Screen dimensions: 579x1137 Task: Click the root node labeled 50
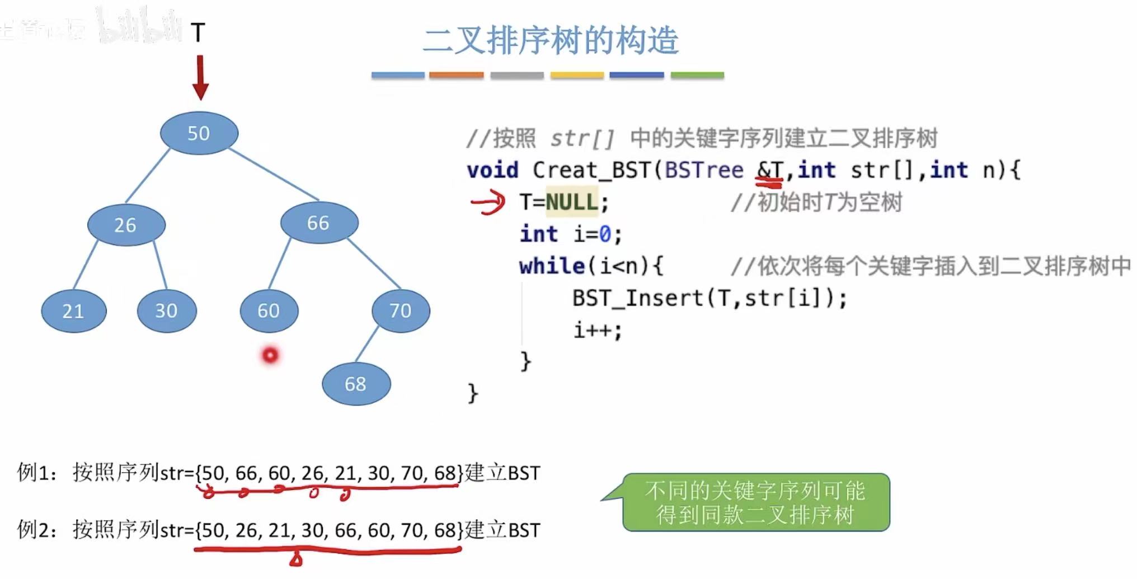coord(199,133)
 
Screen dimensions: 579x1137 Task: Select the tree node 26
coord(126,225)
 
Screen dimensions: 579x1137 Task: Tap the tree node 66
coord(319,223)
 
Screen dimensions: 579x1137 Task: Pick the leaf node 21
coord(73,310)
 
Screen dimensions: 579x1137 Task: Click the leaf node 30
coord(167,310)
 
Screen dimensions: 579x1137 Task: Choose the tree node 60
coord(269,310)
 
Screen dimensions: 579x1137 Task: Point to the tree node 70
coord(401,310)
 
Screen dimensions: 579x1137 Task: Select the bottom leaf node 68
coord(356,384)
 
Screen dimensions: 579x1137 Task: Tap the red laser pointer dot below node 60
coord(270,355)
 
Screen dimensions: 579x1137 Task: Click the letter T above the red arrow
coord(198,32)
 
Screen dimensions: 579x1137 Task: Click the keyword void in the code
coord(492,170)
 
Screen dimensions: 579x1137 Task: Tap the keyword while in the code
coord(552,266)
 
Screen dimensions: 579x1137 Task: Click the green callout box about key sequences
coord(755,502)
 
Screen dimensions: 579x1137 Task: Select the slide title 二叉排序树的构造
coord(551,40)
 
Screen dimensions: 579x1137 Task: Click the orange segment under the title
coord(456,75)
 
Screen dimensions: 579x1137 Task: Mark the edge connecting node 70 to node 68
coord(367,344)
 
